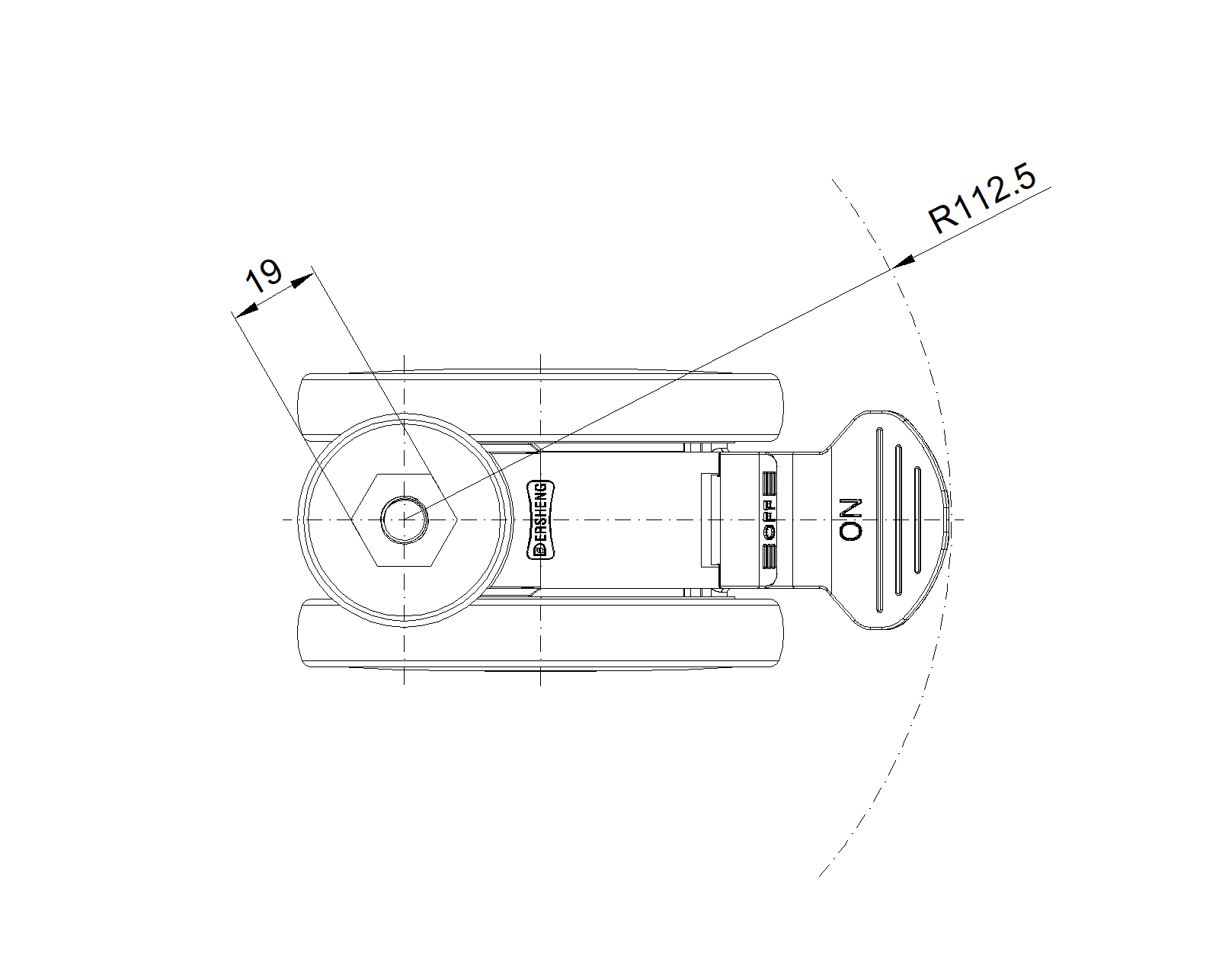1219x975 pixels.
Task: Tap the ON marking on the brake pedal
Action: [x=850, y=519]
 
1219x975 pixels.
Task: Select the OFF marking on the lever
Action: [x=769, y=519]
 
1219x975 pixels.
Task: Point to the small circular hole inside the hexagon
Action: [x=405, y=519]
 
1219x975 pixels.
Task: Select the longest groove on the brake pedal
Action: [x=880, y=519]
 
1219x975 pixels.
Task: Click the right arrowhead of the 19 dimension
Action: [x=302, y=280]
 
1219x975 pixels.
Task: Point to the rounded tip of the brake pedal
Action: [x=946, y=519]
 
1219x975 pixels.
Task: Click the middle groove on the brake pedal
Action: [x=898, y=519]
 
